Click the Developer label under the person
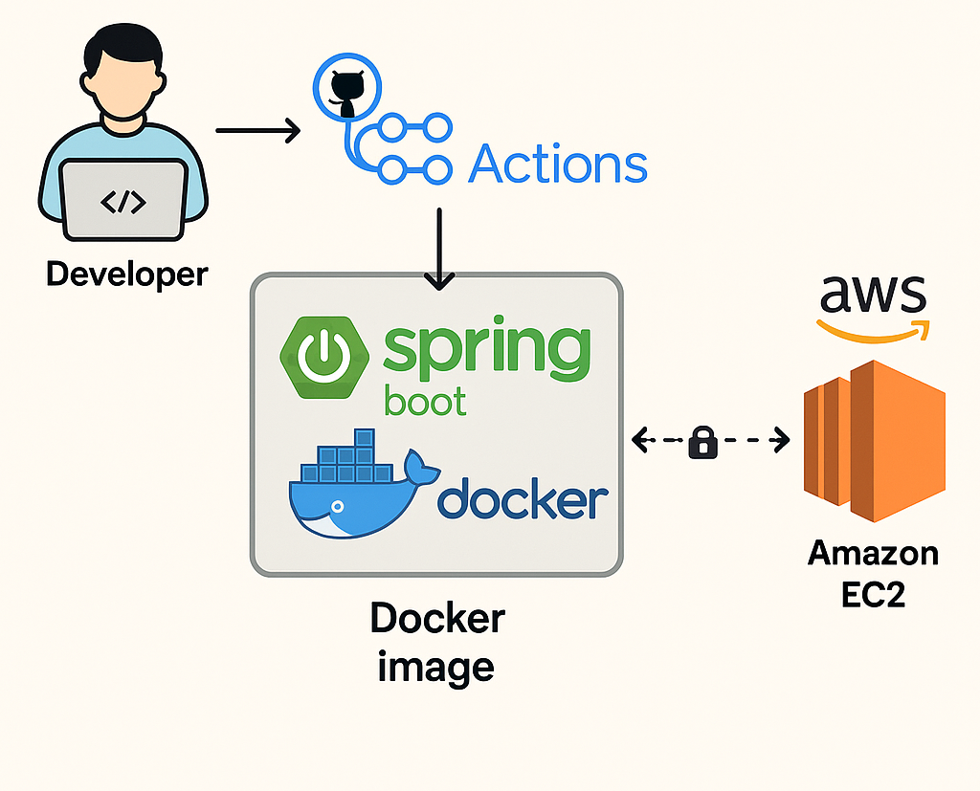tap(126, 275)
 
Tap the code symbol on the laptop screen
tap(123, 202)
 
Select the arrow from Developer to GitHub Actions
tap(257, 129)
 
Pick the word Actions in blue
tap(558, 164)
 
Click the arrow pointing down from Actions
tap(439, 249)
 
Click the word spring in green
tap(486, 352)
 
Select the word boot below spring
tap(425, 401)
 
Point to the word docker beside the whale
tap(523, 499)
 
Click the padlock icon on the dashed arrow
tap(703, 442)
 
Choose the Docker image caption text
tap(436, 641)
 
